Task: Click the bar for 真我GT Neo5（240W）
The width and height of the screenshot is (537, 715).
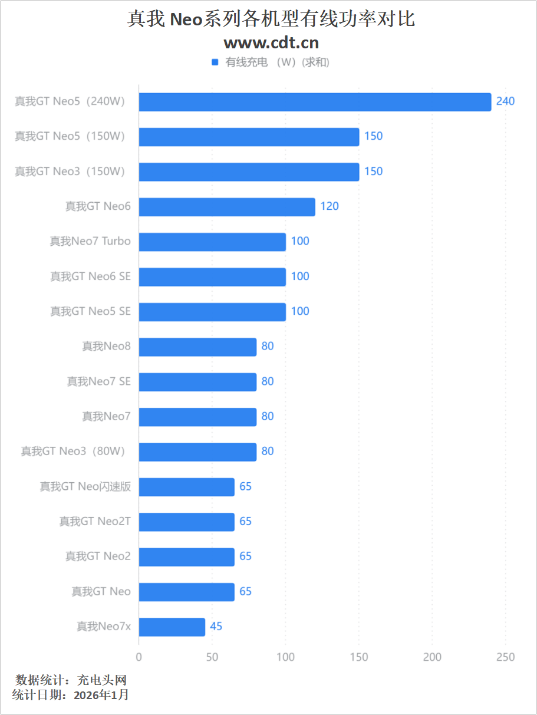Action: pos(315,102)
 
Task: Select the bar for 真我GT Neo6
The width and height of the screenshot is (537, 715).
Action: pos(227,207)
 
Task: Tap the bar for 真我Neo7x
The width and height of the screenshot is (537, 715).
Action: pos(172,627)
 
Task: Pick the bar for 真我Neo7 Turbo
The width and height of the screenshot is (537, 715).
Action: pos(212,242)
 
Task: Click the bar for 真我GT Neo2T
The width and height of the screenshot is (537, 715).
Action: pos(186,522)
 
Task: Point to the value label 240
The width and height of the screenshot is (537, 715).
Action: pos(505,101)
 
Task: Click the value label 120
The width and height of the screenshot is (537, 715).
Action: pos(330,206)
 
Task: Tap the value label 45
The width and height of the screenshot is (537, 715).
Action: pos(216,627)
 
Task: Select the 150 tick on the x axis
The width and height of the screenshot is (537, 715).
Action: pos(359,657)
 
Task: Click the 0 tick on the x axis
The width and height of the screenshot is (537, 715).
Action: pos(139,657)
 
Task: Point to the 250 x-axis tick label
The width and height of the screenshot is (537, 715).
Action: pos(505,657)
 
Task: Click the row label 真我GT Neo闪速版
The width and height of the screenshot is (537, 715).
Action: pos(85,486)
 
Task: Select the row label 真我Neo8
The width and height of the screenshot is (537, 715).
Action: pos(106,346)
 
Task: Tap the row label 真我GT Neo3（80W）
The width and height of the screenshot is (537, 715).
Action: pos(74,452)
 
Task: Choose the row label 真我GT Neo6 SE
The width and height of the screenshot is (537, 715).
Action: pos(90,276)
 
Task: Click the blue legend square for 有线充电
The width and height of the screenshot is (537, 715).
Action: pos(215,62)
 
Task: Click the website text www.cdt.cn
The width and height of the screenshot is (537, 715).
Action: pos(271,42)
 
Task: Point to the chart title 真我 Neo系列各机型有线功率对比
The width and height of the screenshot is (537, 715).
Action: pos(271,19)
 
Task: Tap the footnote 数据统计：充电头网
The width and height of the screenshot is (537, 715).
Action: pos(71,680)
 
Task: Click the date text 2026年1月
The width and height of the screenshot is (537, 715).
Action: pos(101,695)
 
